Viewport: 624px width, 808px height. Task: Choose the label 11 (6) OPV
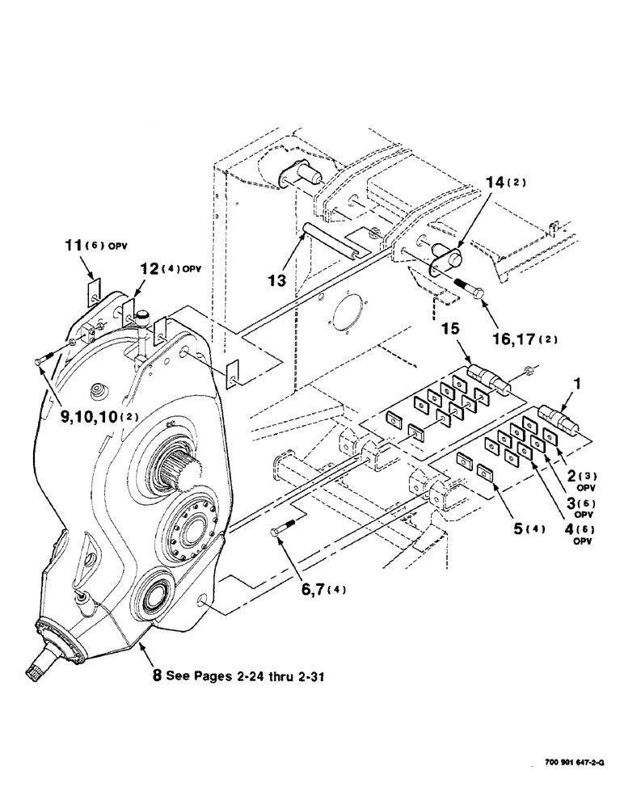point(98,243)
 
